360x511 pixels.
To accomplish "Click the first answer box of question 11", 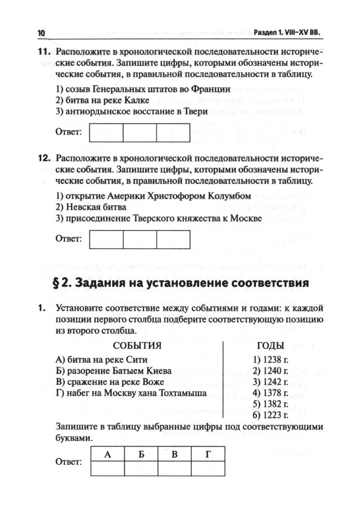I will (x=106, y=133).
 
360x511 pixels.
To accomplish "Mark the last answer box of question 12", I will (x=173, y=239).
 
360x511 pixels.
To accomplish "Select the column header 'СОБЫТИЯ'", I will (x=137, y=345).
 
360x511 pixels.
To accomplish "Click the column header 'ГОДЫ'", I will (x=270, y=346).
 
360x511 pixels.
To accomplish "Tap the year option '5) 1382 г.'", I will (x=271, y=404).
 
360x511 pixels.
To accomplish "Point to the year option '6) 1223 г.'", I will (x=271, y=415).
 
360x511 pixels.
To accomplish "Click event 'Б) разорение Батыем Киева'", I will (x=114, y=370).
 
